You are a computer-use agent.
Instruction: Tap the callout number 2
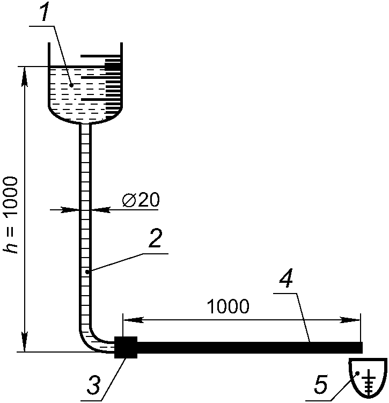point(155,238)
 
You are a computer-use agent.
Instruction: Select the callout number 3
point(93,385)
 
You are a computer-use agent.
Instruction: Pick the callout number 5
point(321,384)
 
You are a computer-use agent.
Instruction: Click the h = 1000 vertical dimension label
point(11,215)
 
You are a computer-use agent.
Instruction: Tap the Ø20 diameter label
point(141,200)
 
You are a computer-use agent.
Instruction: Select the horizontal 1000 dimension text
point(228,306)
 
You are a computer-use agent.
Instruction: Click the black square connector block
point(126,347)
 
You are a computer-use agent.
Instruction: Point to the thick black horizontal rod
point(249,348)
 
